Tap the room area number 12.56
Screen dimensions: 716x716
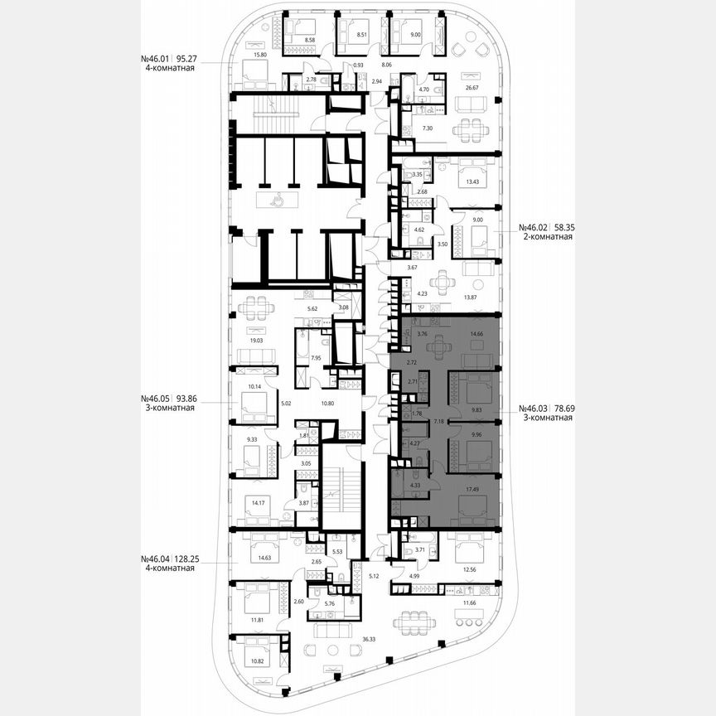tap(471, 568)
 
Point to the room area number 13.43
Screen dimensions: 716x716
tap(473, 183)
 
